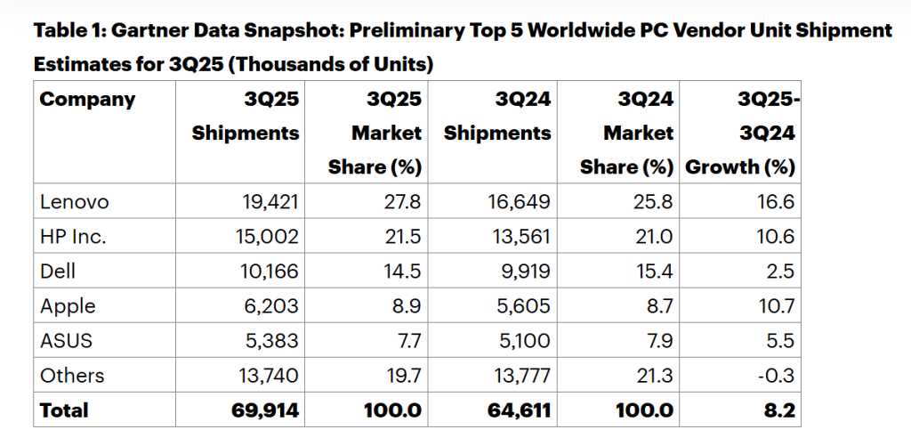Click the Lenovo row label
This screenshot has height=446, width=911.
coord(75,202)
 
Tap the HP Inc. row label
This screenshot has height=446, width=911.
coord(73,237)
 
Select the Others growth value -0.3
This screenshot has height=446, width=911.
coord(773,376)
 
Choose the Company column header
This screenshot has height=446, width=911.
coord(87,99)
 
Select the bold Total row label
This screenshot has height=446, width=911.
coord(64,410)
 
